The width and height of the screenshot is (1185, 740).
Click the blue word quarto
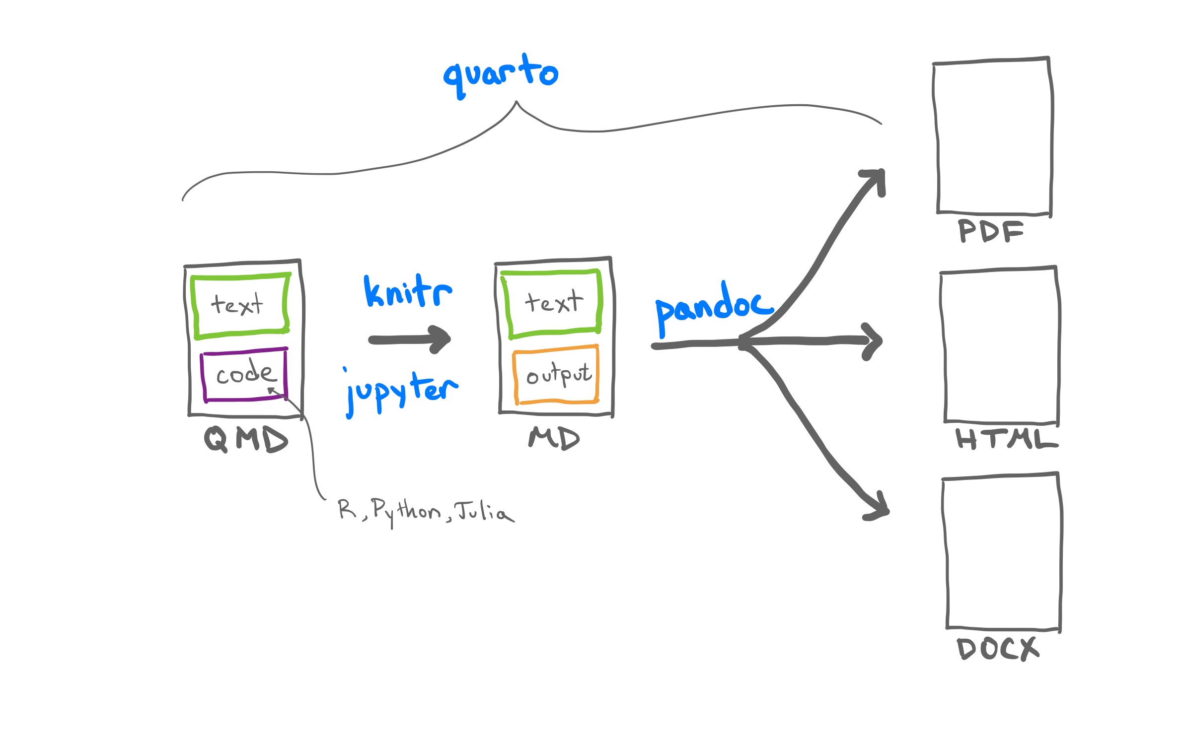(501, 74)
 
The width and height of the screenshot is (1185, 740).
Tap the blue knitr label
(408, 292)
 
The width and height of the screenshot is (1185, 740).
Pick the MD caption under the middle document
(554, 438)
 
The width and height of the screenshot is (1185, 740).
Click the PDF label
(990, 231)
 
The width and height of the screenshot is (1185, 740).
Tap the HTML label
(1006, 439)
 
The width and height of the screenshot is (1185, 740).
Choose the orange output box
(556, 375)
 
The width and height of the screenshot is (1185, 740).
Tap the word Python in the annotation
(405, 511)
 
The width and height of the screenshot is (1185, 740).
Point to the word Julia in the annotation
(484, 511)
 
